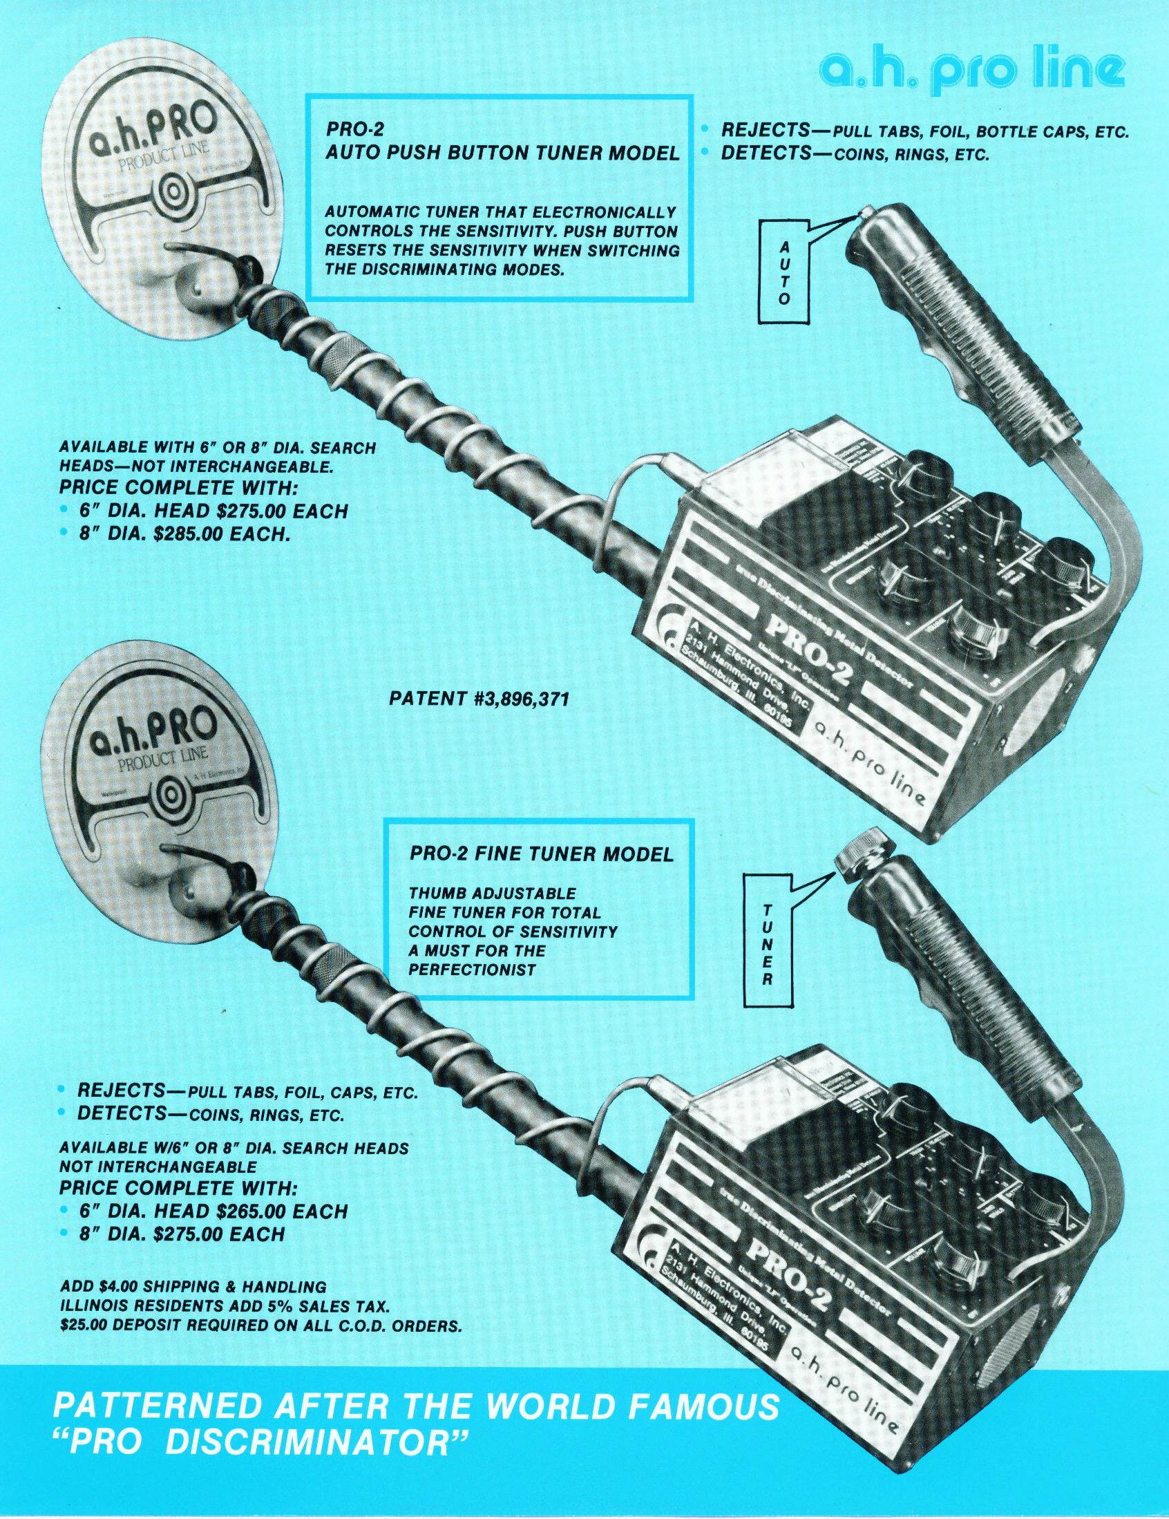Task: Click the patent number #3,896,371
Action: click(480, 698)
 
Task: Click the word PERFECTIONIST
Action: click(472, 969)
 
